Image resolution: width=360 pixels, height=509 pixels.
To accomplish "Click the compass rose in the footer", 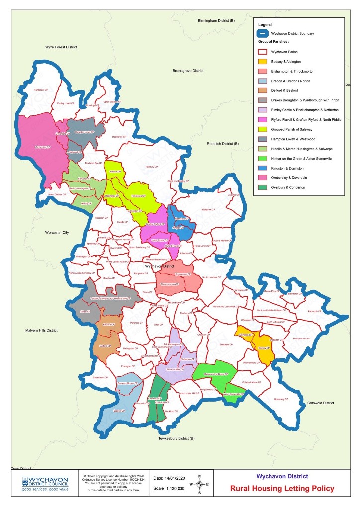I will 199,484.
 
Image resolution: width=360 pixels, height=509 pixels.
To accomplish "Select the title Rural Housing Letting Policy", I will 282,488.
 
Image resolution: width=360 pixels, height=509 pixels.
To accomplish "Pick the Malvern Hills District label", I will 42,330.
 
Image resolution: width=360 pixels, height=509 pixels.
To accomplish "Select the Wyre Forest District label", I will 60,47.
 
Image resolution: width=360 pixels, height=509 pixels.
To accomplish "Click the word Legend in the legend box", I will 266,24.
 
